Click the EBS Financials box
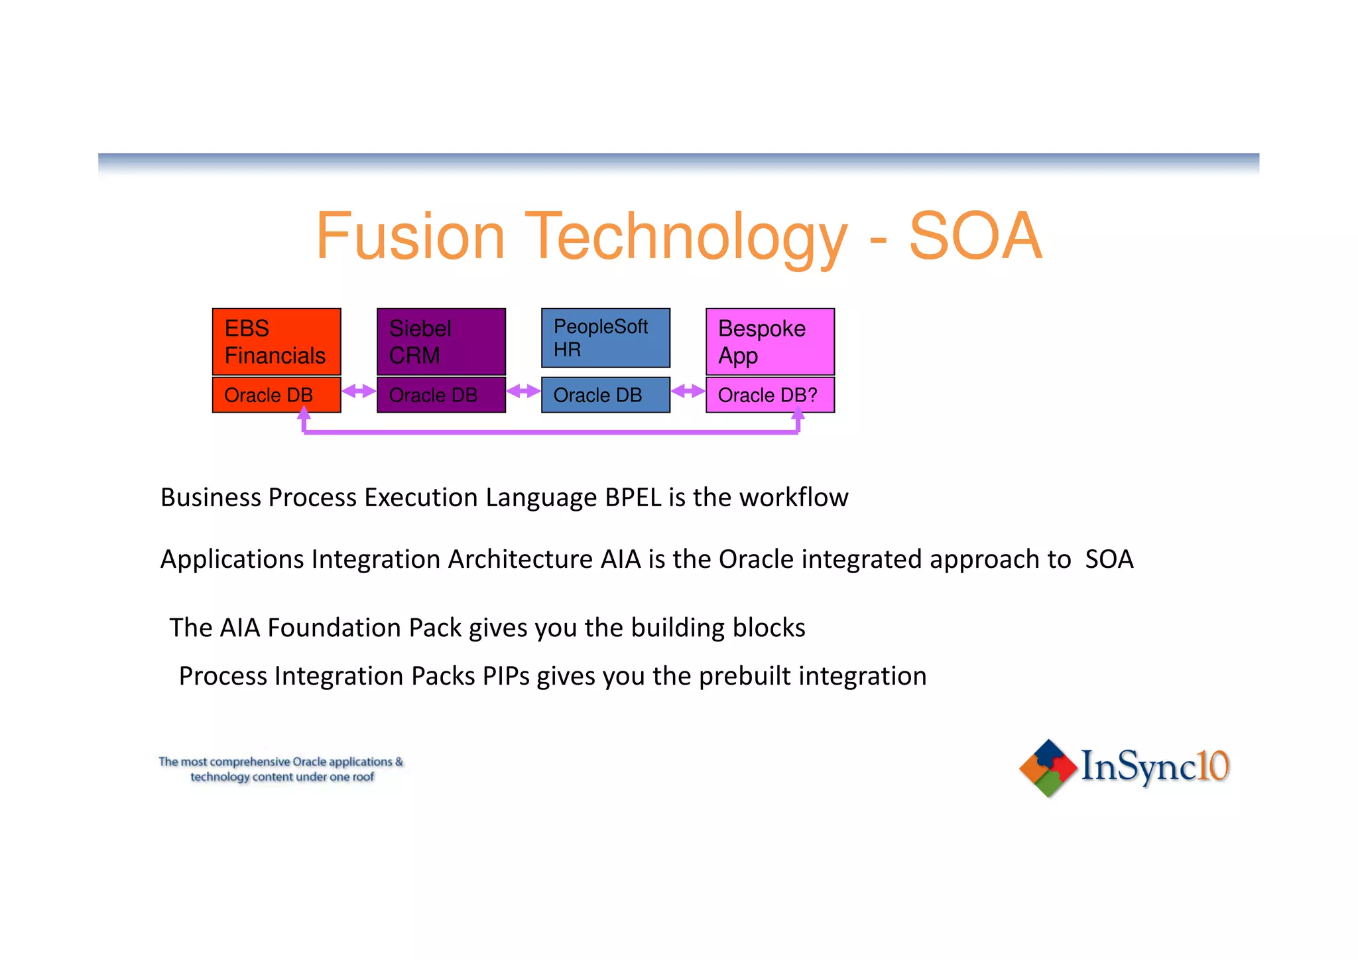[x=277, y=342]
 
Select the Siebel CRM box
[x=441, y=342]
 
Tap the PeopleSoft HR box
[x=605, y=338]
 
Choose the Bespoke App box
[x=770, y=342]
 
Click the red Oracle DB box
[x=277, y=395]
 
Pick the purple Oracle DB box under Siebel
[x=441, y=395]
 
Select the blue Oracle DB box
[x=605, y=395]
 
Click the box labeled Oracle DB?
[x=770, y=395]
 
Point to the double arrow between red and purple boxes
[x=359, y=391]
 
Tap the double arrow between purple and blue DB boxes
[x=523, y=391]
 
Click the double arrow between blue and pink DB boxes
[x=688, y=391]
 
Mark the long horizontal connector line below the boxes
[x=550, y=432]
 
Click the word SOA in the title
[x=975, y=236]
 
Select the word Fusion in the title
[x=410, y=236]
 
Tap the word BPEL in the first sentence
[x=633, y=498]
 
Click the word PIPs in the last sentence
[x=506, y=676]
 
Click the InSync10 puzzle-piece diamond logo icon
[x=1048, y=768]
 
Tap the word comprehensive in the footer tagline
[x=250, y=762]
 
